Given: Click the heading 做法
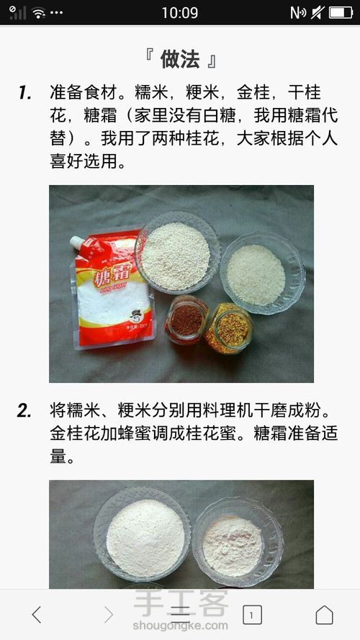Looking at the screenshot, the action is click(180, 60).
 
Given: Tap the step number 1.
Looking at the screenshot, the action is click(25, 94).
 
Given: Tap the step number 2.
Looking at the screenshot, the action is click(24, 412).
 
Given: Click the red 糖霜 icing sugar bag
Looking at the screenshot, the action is click(112, 289).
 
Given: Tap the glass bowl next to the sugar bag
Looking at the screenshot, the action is click(177, 252).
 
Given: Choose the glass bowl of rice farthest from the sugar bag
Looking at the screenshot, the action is click(262, 273).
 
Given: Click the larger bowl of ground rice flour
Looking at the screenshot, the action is click(142, 534).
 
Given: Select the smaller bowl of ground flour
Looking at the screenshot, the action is click(238, 541).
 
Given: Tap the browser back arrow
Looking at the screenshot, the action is click(36, 614).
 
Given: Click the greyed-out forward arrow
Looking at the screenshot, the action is click(108, 614).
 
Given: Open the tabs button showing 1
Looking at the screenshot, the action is click(252, 615).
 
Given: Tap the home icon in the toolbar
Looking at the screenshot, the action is click(324, 615).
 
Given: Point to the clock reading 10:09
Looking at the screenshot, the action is click(179, 13).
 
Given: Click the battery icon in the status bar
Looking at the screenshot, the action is click(341, 13).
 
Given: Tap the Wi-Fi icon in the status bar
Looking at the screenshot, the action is click(39, 13).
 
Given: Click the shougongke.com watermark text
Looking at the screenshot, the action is click(180, 626).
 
